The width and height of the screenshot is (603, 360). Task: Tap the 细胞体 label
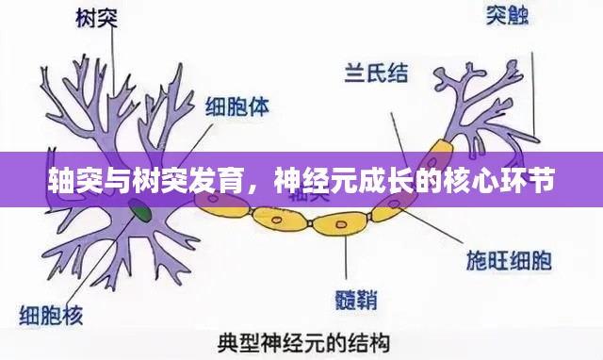coord(237,106)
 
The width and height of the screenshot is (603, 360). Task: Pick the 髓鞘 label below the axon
coord(357,300)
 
